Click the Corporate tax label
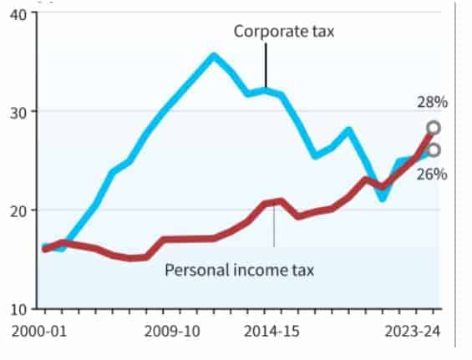coord(272,33)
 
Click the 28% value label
coord(433,103)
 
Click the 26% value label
coord(433,174)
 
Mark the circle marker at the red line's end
coord(434,128)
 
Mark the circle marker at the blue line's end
coord(434,150)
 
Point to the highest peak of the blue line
coord(213,56)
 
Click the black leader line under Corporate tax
coord(266,63)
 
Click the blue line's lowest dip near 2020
coord(383,199)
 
